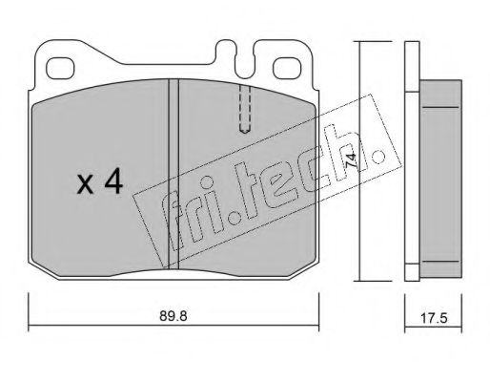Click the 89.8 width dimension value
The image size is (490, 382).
click(x=173, y=316)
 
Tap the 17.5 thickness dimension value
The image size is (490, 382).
click(x=434, y=318)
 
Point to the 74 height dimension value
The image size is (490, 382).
click(x=352, y=161)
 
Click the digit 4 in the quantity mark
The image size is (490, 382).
click(x=113, y=181)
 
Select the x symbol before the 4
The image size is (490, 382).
click(x=85, y=185)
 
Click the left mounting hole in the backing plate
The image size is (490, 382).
click(x=60, y=68)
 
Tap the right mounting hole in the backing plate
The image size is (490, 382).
click(x=287, y=68)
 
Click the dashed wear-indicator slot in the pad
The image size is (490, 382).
click(x=245, y=109)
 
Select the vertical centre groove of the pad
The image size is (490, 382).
click(x=174, y=174)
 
